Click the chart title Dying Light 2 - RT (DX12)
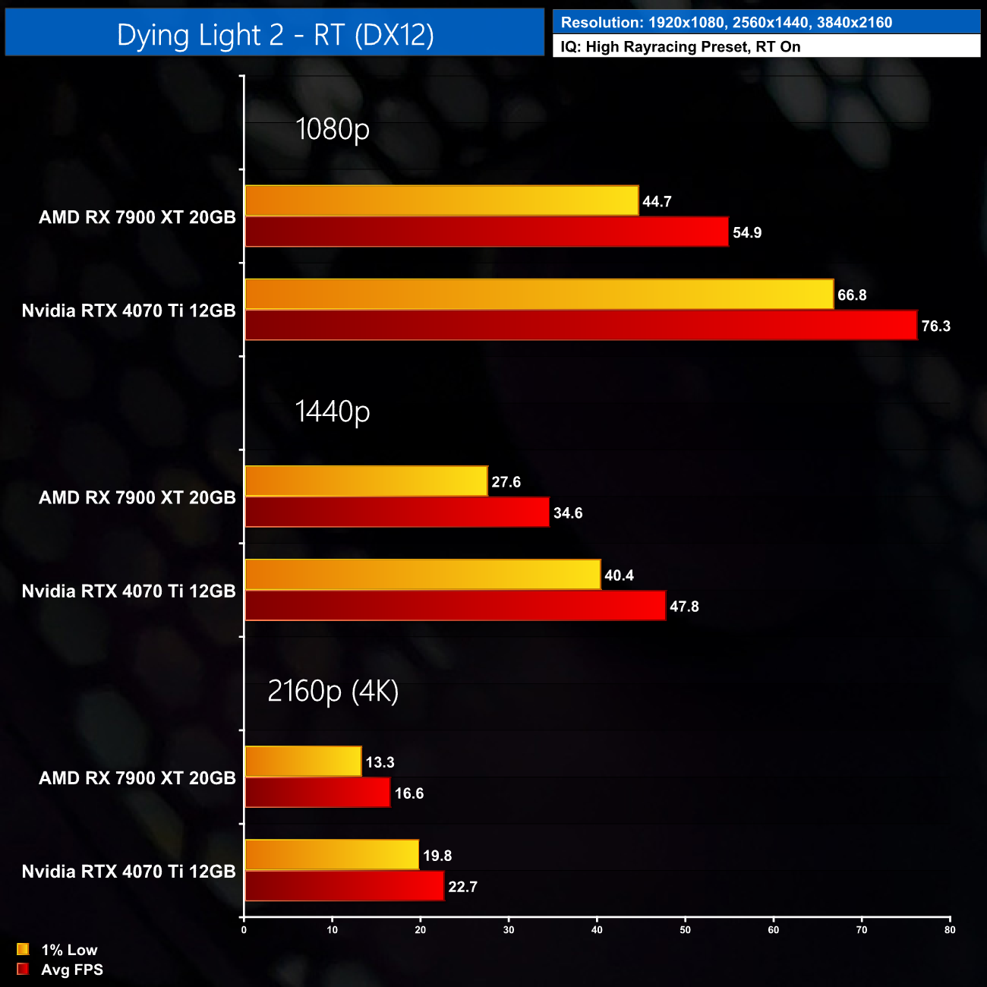275,35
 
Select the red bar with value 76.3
581,326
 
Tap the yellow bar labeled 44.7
441,201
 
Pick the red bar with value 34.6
396,512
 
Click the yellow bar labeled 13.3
303,762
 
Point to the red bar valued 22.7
344,886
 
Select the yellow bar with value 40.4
422,575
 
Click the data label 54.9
747,233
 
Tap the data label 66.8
852,295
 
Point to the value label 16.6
409,793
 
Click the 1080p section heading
333,129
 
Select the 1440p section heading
333,412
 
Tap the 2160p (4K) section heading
333,692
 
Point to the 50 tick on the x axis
685,930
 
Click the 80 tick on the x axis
950,930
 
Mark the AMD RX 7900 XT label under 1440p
137,497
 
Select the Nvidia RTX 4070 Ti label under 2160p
128,872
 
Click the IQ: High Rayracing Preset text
680,47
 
